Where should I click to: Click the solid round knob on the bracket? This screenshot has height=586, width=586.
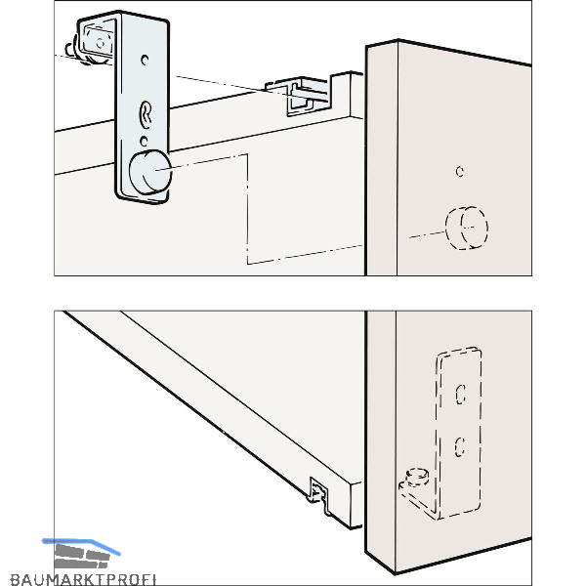click(x=150, y=172)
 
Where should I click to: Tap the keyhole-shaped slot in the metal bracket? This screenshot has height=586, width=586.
click(x=146, y=114)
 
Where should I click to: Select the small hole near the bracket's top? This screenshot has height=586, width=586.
click(x=145, y=60)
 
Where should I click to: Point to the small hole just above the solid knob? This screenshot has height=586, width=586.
click(x=144, y=141)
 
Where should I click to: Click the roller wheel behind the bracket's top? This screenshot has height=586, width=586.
click(x=97, y=43)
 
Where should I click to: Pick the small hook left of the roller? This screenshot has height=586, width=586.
click(x=70, y=50)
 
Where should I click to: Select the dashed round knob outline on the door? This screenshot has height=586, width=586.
click(x=467, y=228)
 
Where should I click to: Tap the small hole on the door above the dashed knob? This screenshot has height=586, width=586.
click(x=460, y=172)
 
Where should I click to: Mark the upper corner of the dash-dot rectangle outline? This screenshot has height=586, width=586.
click(x=247, y=154)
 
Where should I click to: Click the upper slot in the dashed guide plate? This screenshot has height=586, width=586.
click(x=460, y=395)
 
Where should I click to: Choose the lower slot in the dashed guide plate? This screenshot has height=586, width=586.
click(x=460, y=447)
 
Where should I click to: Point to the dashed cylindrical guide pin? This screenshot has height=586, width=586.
click(x=417, y=478)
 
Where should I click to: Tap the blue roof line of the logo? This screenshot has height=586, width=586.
click(x=81, y=545)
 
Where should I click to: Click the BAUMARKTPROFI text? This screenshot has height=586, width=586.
click(x=83, y=579)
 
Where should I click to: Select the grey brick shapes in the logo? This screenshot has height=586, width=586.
click(x=82, y=556)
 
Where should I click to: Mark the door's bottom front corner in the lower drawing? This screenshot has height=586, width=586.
click(x=395, y=572)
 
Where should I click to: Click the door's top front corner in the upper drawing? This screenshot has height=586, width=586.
click(x=398, y=40)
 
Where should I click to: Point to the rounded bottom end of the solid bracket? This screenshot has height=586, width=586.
click(x=142, y=199)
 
